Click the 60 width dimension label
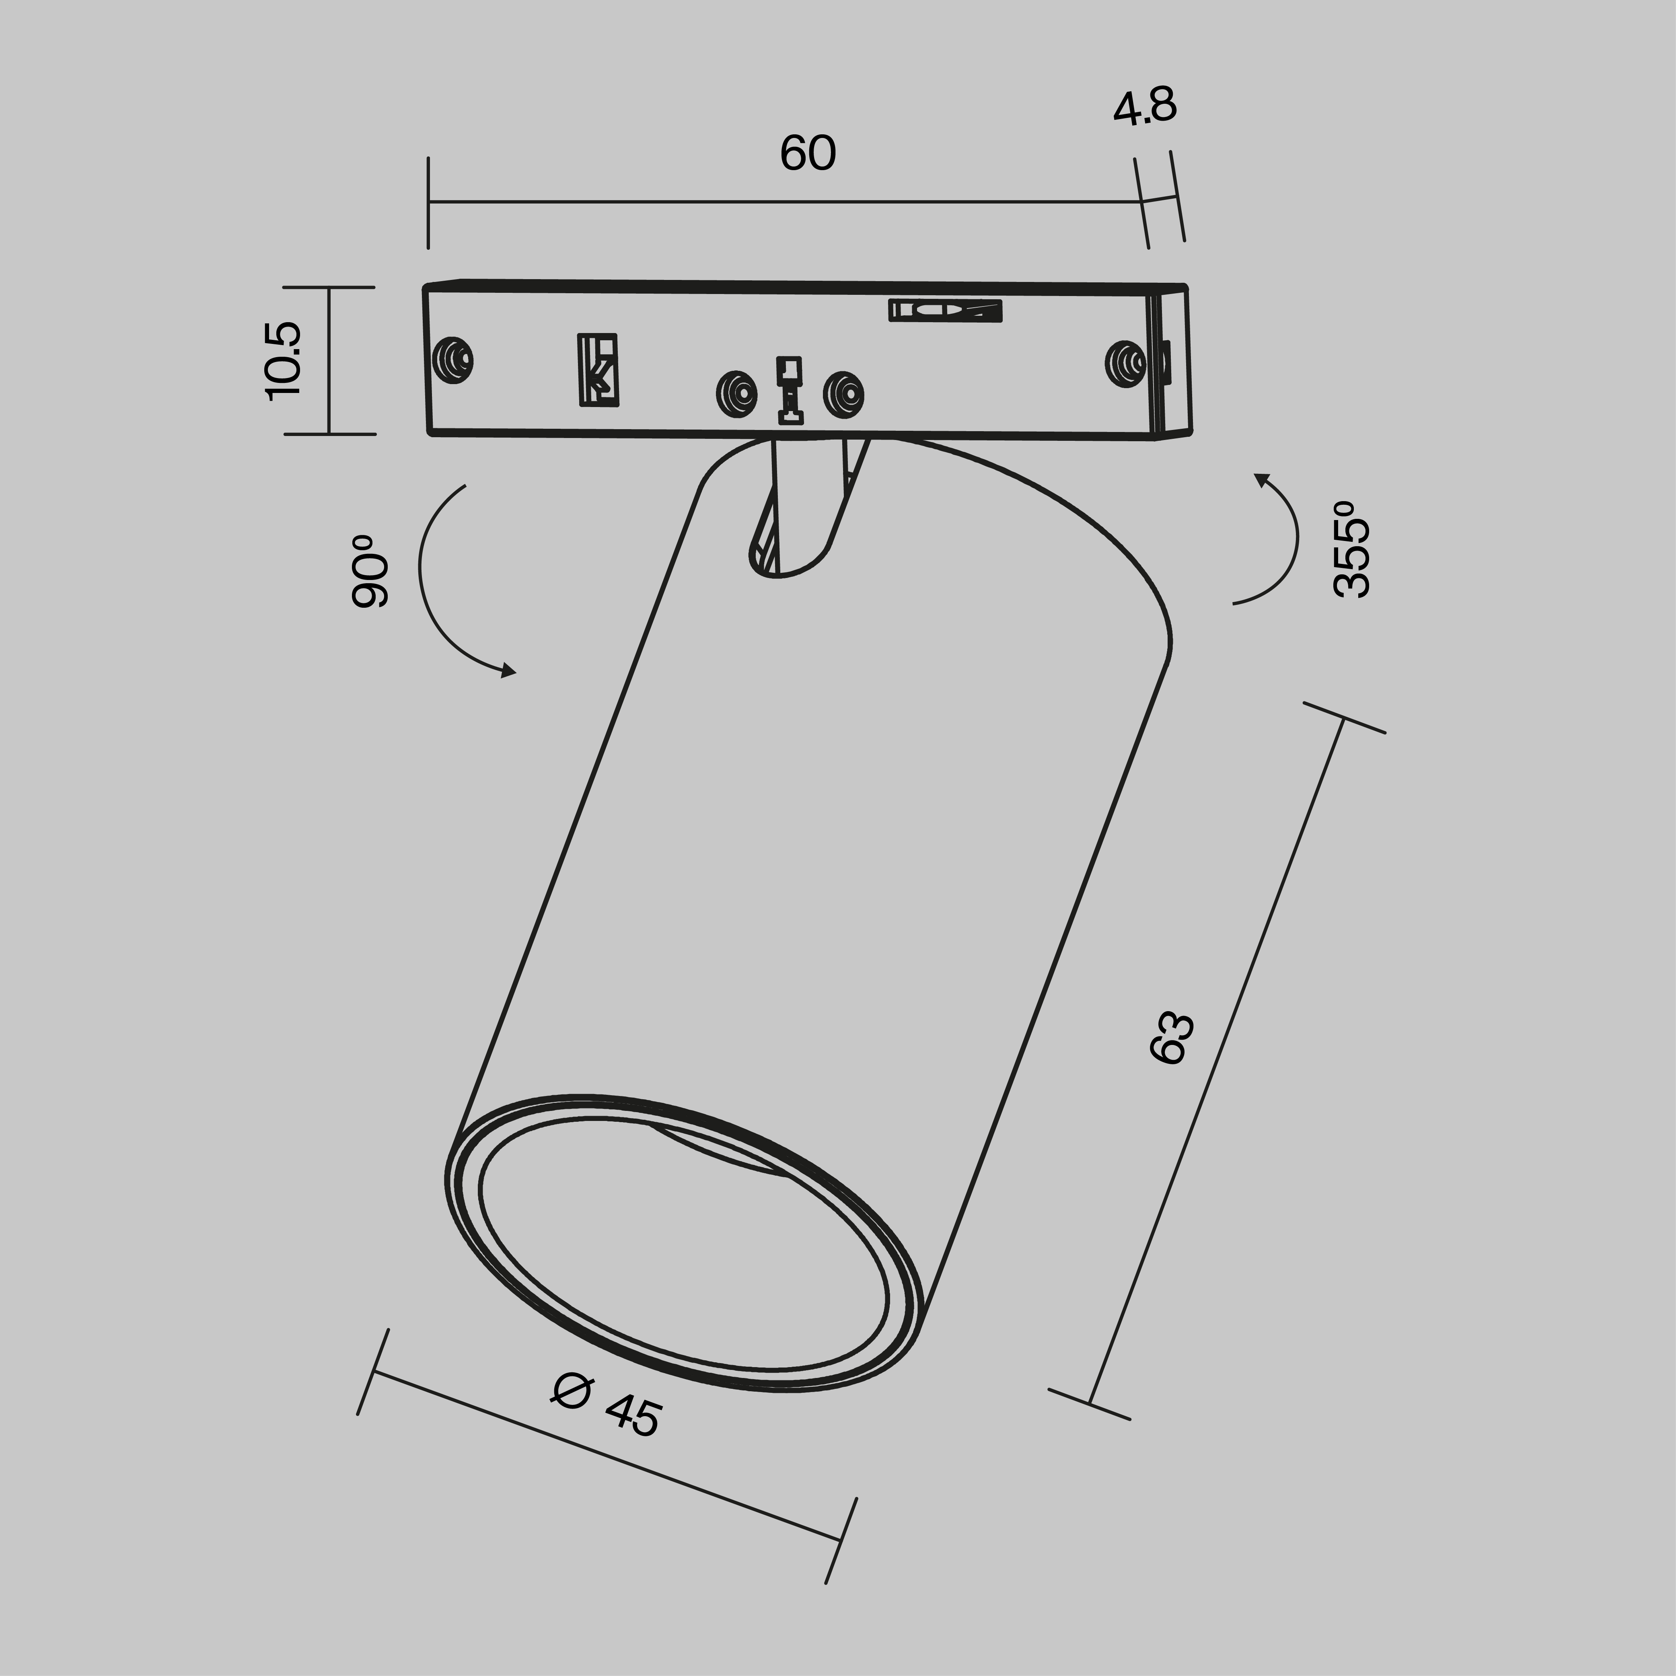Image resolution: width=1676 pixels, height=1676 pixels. [808, 154]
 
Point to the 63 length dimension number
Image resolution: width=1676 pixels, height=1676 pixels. [1172, 1036]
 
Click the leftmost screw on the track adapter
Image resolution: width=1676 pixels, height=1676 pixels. [453, 358]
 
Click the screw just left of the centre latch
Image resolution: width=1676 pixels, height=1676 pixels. [736, 394]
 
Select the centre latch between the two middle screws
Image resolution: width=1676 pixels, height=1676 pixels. [790, 391]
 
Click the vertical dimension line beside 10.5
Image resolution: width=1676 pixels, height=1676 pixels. [329, 360]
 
